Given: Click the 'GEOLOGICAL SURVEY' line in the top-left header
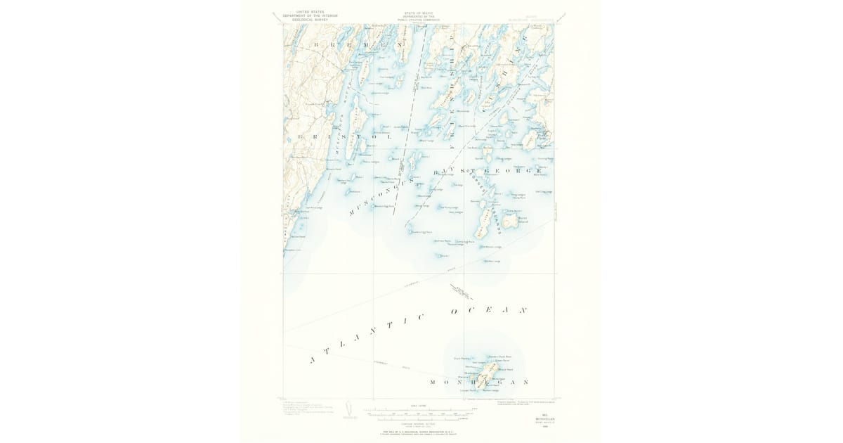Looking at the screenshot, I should pos(306,20).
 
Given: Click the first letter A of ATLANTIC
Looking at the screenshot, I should pos(311,361).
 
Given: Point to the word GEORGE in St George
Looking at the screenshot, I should pos(521,171).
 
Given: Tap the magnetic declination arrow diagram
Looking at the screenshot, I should pos(349,409).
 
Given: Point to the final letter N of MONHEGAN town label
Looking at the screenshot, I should pos(525,382).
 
